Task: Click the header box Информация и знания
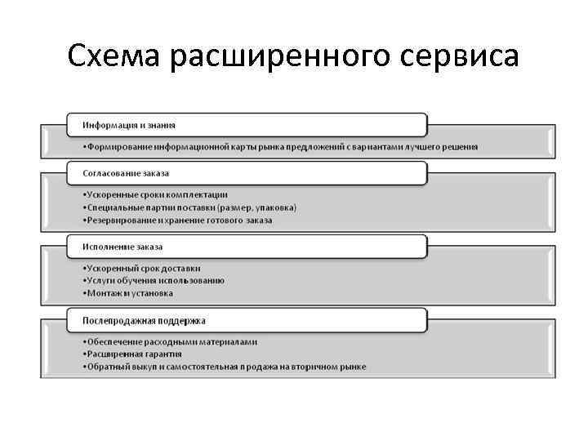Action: pos(245,125)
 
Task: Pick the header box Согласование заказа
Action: pos(245,173)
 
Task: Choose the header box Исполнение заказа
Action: pos(245,247)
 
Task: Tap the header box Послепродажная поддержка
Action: pos(245,321)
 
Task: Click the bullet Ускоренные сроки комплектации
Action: pos(155,195)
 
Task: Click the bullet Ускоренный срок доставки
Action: pos(141,268)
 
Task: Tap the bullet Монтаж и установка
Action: pos(127,293)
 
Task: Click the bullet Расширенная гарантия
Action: pos(131,354)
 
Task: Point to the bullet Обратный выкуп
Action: pos(224,367)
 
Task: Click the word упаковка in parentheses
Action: pos(273,207)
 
